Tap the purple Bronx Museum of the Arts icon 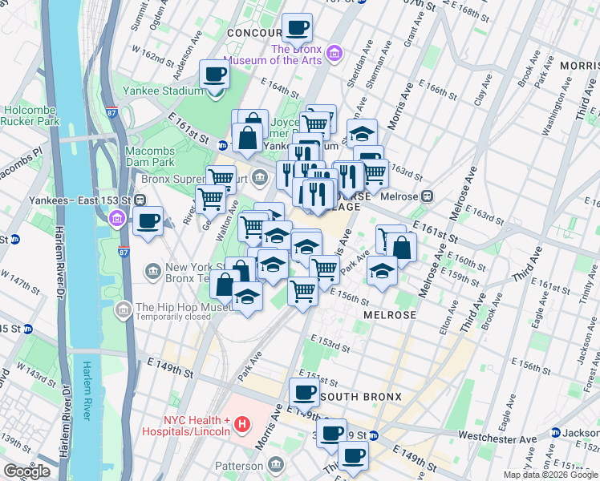335,54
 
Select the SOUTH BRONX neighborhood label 353,397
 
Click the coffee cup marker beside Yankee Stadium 214,76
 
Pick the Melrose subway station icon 428,195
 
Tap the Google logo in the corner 26,471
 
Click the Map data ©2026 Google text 550,475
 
